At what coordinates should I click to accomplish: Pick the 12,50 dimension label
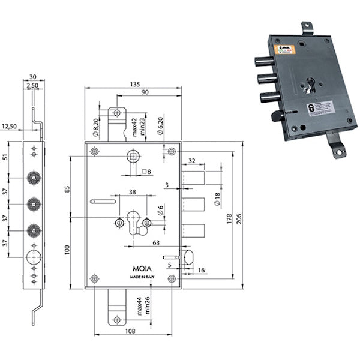click(x=10, y=127)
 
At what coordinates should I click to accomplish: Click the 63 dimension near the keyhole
click(x=155, y=243)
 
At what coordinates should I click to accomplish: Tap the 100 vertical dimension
click(x=67, y=248)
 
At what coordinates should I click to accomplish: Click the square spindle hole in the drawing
click(x=132, y=157)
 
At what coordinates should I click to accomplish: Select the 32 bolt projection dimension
click(x=192, y=161)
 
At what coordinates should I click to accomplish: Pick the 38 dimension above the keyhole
click(x=132, y=193)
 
